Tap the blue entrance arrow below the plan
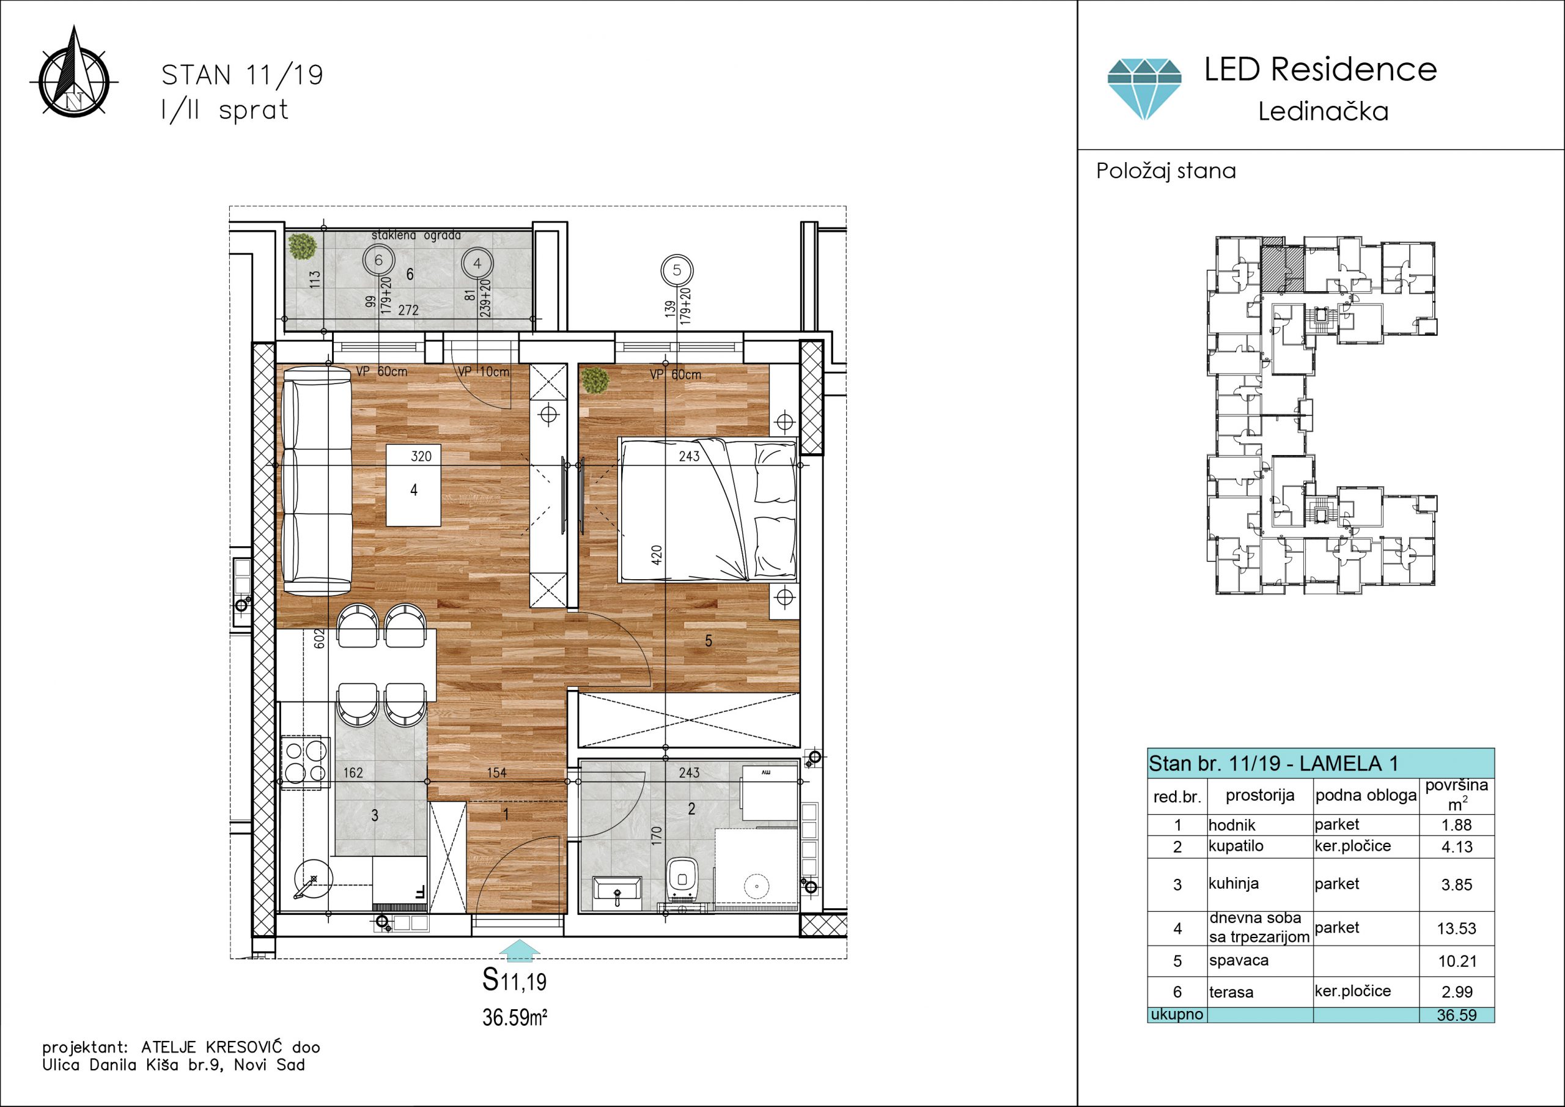click(x=520, y=950)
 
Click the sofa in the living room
click(x=316, y=479)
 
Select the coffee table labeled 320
click(x=413, y=485)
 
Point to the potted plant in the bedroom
click(x=595, y=380)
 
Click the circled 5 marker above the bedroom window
click(x=676, y=270)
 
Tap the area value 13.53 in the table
click(x=1457, y=928)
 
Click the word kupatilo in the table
click(x=1235, y=846)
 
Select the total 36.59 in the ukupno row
click(x=1457, y=1015)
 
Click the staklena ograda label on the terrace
click(x=416, y=235)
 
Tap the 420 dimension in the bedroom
click(x=657, y=555)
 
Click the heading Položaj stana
click(x=1166, y=171)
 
